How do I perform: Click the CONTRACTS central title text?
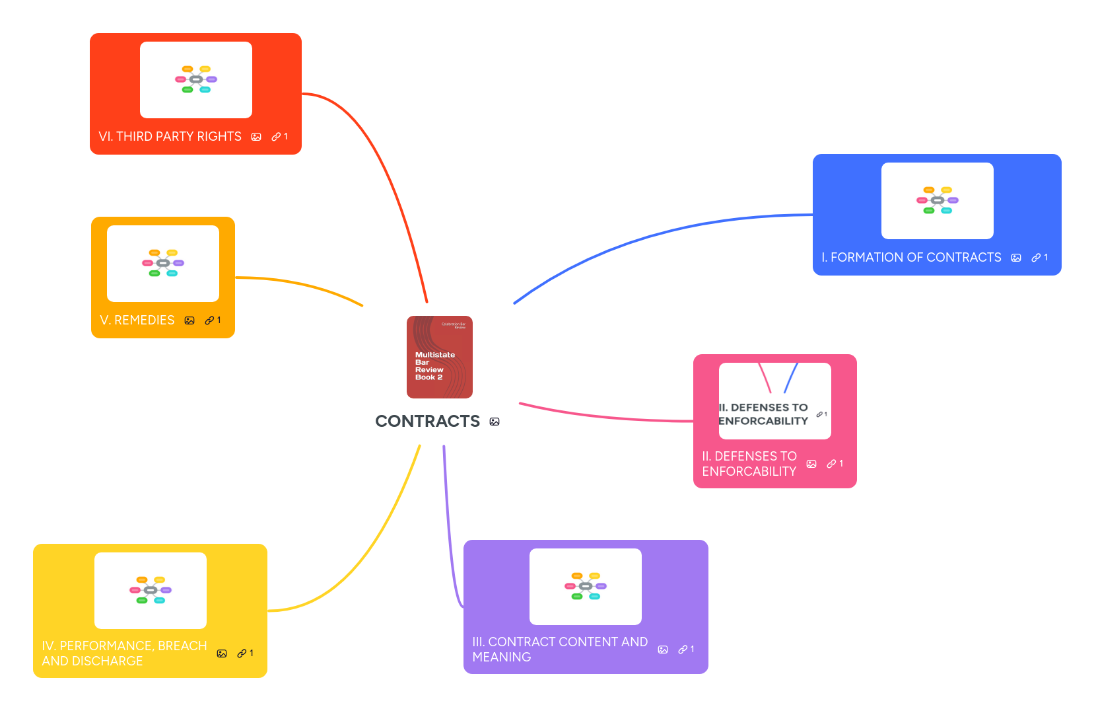point(427,422)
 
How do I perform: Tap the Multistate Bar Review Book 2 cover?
point(439,357)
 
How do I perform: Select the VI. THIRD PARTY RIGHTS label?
point(170,137)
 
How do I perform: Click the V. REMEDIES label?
point(137,320)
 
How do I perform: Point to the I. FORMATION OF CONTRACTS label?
point(911,258)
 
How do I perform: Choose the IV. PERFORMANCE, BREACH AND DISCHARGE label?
point(124,654)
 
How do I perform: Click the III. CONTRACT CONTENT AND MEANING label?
point(560,650)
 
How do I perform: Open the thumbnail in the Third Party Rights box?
point(195,80)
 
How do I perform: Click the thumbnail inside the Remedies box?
point(162,264)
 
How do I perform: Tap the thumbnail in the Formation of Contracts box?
point(937,201)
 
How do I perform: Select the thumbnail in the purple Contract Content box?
point(585,587)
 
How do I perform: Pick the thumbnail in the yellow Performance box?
point(150,591)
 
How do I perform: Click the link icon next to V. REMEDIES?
point(209,320)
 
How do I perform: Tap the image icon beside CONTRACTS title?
point(495,422)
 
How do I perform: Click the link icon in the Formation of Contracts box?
point(1036,258)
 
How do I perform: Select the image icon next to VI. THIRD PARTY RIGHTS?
point(256,137)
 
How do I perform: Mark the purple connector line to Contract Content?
point(449,529)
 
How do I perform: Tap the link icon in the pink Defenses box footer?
point(832,464)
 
